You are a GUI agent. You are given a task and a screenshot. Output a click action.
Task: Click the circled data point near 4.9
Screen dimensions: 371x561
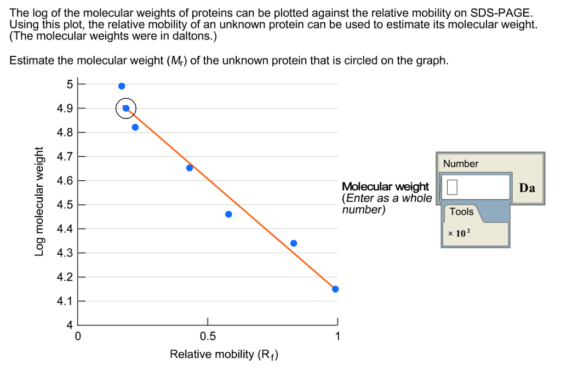[x=126, y=109]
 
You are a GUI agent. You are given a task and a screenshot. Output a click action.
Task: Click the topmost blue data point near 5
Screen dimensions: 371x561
[x=122, y=86]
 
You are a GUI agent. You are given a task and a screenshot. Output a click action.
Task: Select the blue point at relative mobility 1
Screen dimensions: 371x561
[x=335, y=289]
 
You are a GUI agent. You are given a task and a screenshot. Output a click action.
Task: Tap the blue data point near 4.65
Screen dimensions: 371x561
[x=190, y=168]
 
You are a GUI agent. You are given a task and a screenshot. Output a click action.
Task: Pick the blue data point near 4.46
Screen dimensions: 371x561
[x=228, y=214]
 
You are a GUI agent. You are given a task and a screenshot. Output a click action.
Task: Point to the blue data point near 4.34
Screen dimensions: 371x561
[x=294, y=243]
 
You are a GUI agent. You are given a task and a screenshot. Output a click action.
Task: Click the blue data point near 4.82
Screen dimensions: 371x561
[x=135, y=127]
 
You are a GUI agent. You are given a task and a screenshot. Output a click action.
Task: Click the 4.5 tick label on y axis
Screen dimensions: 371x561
[x=64, y=205]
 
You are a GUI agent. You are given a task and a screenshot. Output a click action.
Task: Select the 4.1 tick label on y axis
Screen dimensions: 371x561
[x=64, y=301]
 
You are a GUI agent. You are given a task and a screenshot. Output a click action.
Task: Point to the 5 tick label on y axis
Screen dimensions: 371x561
[x=69, y=84]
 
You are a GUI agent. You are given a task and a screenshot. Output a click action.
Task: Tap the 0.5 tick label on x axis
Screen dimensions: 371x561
[x=208, y=336]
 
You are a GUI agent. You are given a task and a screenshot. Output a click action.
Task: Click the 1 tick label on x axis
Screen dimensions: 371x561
[x=337, y=336]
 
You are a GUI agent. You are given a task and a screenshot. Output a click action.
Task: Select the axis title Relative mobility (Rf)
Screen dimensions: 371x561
[x=224, y=355]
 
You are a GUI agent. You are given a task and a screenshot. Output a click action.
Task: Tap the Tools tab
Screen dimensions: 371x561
[x=461, y=212]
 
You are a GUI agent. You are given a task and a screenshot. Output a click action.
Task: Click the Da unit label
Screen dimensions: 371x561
[x=527, y=188]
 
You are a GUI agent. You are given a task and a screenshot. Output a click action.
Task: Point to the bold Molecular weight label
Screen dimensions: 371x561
[x=385, y=186]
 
